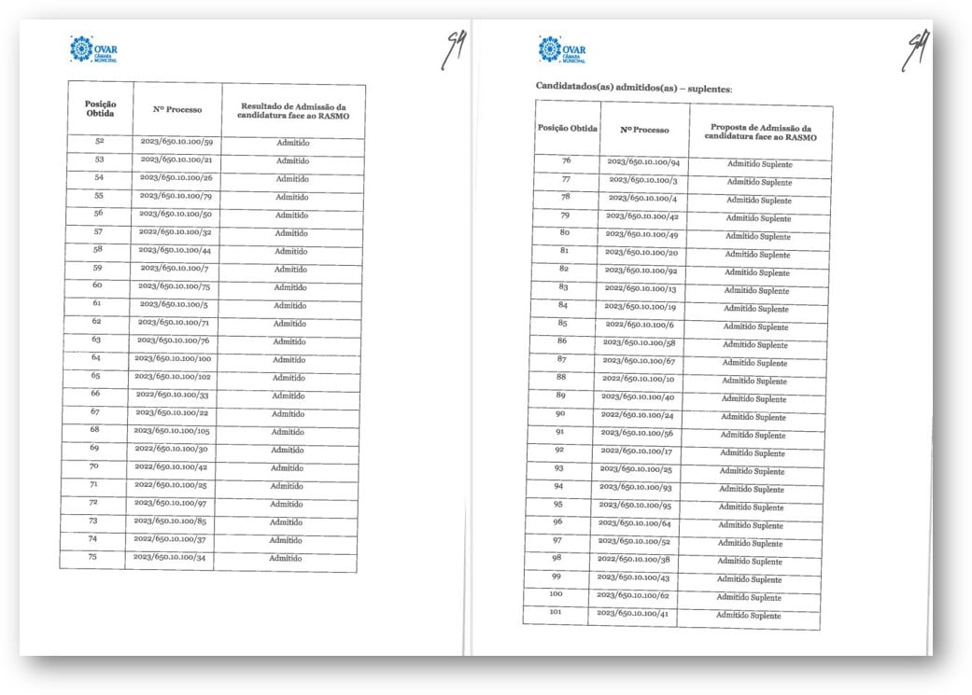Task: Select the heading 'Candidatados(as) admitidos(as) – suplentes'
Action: click(634, 87)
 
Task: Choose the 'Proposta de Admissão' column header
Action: click(760, 132)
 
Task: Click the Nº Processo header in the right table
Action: click(645, 130)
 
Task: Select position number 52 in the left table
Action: click(100, 142)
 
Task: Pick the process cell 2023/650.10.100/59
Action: click(177, 143)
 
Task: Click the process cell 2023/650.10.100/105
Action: click(172, 431)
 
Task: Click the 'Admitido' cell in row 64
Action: click(289, 359)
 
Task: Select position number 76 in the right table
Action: click(565, 161)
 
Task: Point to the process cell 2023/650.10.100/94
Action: click(643, 162)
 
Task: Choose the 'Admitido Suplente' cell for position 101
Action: click(749, 616)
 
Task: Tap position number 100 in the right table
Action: click(556, 594)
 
